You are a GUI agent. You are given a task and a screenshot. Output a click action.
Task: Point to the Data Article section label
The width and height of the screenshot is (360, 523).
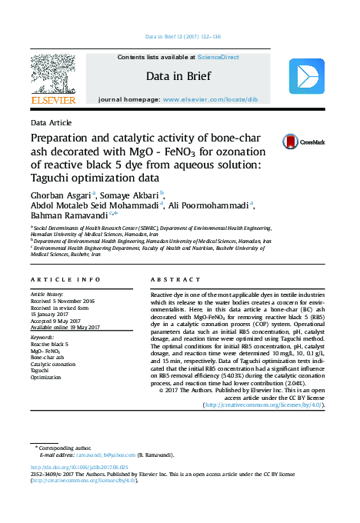[x=52, y=122]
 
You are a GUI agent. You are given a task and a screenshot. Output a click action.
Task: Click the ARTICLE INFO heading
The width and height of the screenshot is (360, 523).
[x=65, y=278]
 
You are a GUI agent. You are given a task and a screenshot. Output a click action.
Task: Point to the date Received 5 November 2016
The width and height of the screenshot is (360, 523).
[x=62, y=301]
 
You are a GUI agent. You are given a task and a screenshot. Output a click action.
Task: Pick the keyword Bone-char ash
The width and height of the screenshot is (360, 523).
[x=47, y=357]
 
